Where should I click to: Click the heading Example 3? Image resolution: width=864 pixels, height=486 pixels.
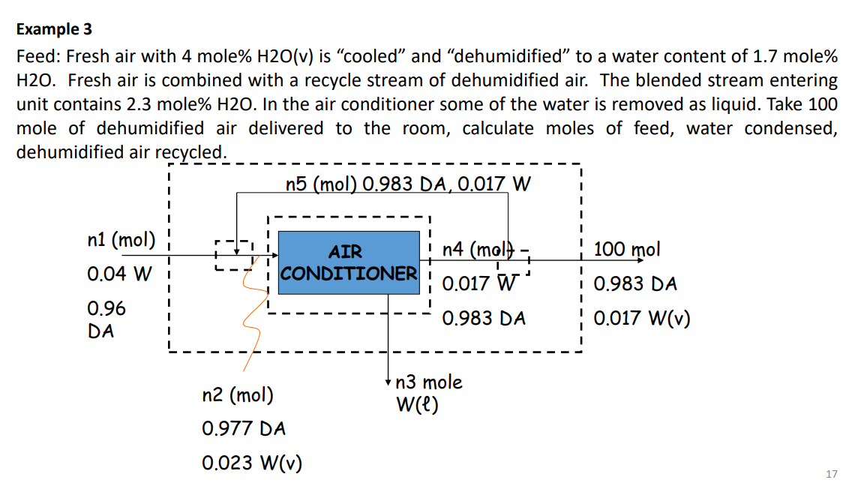coord(54,29)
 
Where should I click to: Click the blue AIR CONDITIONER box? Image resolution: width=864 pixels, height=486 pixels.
coord(348,262)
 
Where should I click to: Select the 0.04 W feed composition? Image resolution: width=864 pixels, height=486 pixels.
coord(119,274)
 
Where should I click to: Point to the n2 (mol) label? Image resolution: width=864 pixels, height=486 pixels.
coord(237,394)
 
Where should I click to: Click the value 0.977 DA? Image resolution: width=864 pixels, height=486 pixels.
coord(244,429)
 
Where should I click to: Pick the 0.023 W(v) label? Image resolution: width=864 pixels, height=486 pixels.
coord(252,463)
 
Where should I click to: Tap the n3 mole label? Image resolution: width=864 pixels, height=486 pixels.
coord(429,382)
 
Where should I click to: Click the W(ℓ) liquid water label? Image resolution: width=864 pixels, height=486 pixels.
coord(417,405)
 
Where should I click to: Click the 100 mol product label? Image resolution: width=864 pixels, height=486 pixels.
coord(627,249)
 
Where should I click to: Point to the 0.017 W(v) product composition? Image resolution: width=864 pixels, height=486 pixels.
coord(642,319)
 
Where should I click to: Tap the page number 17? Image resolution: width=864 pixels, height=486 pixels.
coord(831,473)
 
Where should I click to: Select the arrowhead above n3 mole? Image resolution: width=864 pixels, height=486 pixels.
coord(388,380)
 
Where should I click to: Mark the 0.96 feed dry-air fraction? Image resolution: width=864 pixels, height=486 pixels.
coord(106,308)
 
